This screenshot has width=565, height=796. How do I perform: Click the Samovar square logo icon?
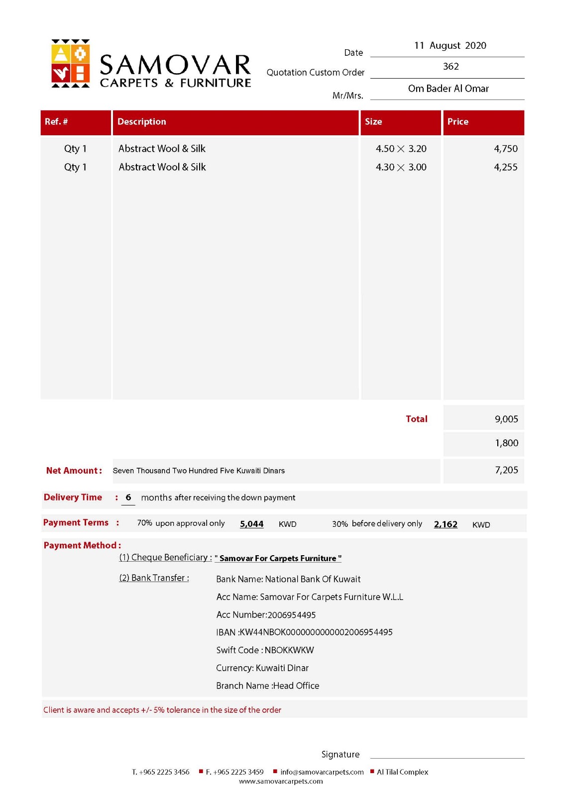(71, 63)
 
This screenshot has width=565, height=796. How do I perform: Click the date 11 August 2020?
(450, 46)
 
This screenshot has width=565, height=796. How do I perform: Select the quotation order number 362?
(451, 67)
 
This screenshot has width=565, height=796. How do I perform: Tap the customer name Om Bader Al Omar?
(448, 89)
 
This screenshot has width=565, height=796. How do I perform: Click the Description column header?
(142, 122)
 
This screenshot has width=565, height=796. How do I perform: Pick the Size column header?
(373, 122)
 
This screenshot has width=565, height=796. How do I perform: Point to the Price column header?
(457, 122)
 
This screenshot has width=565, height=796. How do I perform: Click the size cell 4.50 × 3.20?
(401, 149)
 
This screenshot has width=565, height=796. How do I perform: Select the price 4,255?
(505, 167)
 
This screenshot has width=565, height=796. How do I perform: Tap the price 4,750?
(505, 149)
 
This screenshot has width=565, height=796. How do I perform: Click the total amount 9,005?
(506, 419)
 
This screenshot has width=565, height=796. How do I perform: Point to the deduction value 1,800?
(506, 443)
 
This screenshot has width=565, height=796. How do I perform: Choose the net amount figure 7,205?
(506, 470)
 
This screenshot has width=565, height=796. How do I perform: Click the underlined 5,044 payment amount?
(251, 524)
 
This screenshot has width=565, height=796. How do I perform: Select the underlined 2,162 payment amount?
(446, 524)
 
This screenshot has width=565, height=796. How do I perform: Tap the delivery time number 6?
(128, 497)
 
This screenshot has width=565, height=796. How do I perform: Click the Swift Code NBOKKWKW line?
(265, 650)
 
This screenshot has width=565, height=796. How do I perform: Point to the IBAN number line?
(304, 632)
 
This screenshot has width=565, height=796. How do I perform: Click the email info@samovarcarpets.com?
(322, 772)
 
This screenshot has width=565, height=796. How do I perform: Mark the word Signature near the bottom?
(340, 755)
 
